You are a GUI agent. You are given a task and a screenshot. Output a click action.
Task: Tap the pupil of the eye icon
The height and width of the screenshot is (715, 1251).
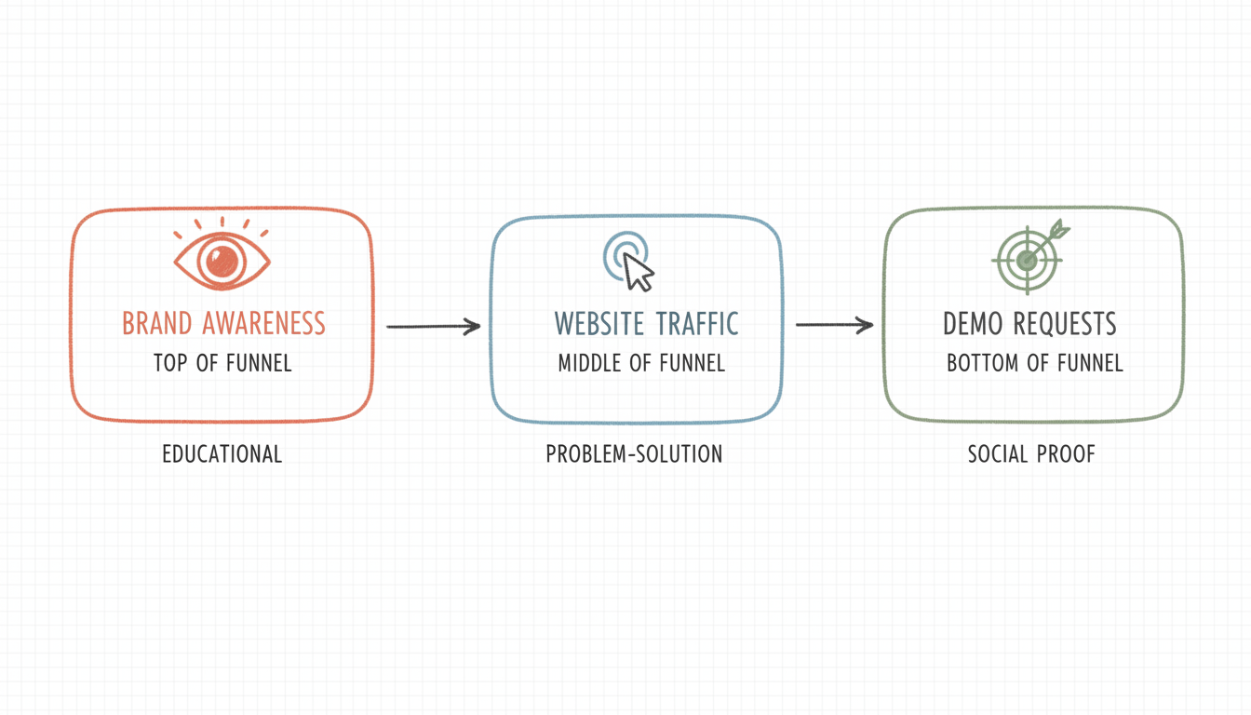222,258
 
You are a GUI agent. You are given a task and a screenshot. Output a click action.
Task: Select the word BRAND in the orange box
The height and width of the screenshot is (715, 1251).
156,324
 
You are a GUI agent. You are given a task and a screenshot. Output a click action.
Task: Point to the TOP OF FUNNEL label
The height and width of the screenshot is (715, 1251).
222,363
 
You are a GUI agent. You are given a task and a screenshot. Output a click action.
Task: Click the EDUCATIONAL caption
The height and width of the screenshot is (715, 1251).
222,454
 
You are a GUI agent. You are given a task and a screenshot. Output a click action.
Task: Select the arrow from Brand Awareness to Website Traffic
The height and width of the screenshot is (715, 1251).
433,326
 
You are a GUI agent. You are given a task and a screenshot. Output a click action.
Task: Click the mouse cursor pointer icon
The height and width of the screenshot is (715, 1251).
638,271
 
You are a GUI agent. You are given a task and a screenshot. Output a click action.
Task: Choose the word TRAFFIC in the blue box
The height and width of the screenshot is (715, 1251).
697,324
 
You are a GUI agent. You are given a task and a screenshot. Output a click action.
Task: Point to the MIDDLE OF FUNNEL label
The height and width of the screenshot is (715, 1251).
641,363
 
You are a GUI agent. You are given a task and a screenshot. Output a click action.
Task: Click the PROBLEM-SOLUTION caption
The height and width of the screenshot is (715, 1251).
634,454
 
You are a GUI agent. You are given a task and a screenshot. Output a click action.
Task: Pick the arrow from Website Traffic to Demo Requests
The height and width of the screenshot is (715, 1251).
834,325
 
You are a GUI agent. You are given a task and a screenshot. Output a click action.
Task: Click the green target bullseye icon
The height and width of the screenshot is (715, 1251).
1028,259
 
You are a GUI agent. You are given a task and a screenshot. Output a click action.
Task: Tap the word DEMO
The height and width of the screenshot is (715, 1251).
971,324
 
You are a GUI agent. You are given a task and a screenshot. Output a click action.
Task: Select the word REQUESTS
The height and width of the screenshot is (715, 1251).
1064,324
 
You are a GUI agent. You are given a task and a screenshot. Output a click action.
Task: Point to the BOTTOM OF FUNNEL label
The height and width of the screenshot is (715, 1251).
1035,363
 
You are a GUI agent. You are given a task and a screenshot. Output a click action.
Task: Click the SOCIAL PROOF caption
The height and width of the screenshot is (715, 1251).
1031,454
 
